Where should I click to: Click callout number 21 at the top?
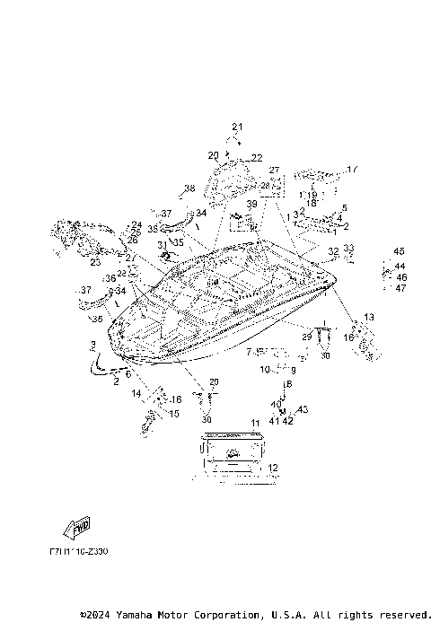tap(237, 126)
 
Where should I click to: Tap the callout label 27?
tap(274, 170)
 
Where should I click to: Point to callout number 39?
tap(252, 205)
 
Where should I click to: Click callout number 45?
tap(399, 250)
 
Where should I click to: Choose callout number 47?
tap(400, 288)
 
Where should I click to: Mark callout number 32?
tap(333, 251)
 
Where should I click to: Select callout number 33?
tap(348, 248)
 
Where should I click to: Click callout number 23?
tap(94, 263)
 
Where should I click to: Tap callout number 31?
tap(162, 244)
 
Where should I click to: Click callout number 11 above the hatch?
tap(255, 422)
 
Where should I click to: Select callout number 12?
tap(273, 468)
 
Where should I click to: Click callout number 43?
tap(303, 409)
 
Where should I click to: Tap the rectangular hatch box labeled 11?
tap(231, 451)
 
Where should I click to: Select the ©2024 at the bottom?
tap(95, 615)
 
